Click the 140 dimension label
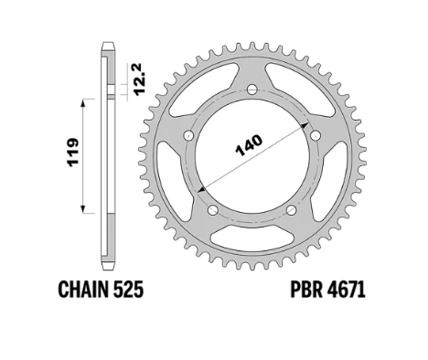pos(250,145)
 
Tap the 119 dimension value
pos(73,153)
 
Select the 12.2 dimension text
pos(140,79)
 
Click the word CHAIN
pos(83,289)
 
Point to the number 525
pos(128,289)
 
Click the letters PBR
pos(305,289)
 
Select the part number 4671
pos(347,289)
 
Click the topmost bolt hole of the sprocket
pos(252,90)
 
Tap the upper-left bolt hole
pos(189,135)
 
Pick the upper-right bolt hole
pos(316,135)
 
